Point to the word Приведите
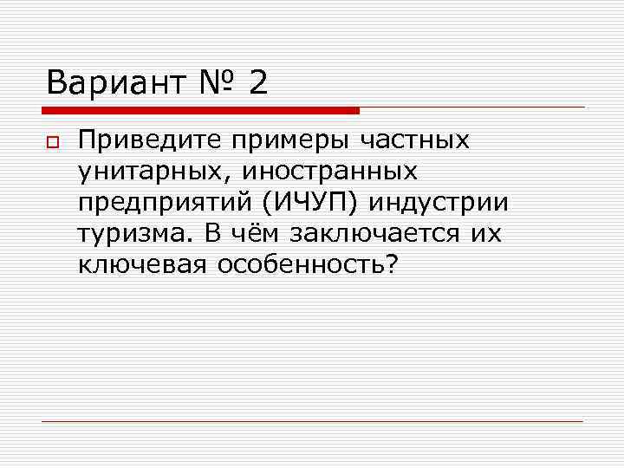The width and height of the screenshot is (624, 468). [x=149, y=140]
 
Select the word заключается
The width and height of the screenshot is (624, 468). [x=374, y=235]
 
